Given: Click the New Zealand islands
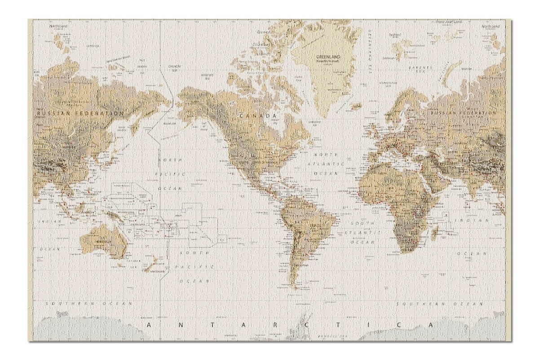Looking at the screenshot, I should click(x=150, y=263).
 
